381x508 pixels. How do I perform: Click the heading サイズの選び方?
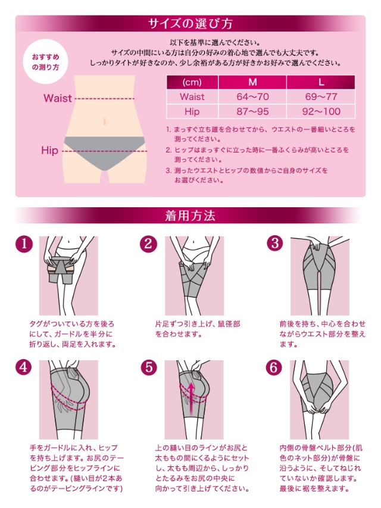(190, 24)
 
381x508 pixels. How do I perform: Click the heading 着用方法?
(190, 216)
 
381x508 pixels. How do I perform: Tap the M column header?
(252, 82)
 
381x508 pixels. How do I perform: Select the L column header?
(321, 82)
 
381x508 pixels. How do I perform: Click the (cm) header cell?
(192, 82)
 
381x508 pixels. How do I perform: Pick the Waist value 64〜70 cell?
(252, 96)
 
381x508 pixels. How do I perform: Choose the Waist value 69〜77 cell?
(321, 96)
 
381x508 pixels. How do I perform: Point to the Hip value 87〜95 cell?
(252, 111)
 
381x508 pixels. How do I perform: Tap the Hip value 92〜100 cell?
(321, 111)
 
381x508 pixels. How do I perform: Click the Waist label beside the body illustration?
(57, 98)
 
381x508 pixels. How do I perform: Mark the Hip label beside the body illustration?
(49, 151)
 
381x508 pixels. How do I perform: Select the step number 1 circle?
(23, 244)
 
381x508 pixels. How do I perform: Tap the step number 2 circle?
(148, 244)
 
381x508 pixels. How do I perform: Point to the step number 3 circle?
(274, 244)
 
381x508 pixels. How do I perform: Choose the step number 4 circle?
(23, 368)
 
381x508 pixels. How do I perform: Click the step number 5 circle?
(148, 368)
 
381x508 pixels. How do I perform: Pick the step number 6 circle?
(274, 368)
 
